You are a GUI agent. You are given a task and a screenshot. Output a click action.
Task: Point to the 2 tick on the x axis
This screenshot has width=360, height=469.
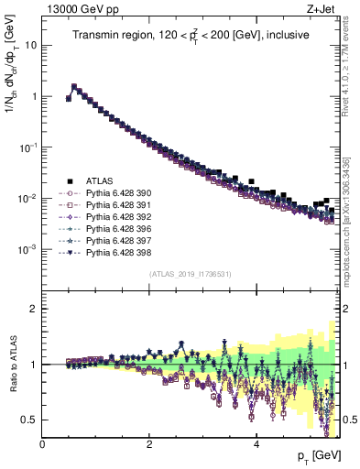(x=149, y=444)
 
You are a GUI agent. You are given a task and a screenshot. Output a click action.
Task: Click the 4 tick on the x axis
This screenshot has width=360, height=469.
(x=256, y=444)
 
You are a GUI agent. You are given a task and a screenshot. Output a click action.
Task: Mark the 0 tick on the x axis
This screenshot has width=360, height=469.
(x=43, y=444)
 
